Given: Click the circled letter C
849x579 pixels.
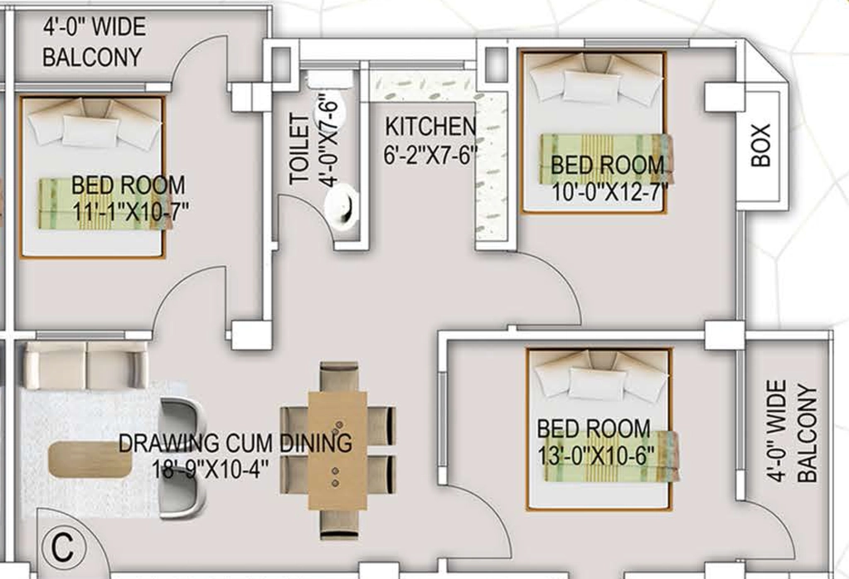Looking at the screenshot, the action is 63,548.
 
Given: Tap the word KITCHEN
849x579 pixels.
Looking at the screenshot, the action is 430,127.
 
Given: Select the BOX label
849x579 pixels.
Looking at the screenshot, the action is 761,144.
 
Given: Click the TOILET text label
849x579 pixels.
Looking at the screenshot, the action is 299,149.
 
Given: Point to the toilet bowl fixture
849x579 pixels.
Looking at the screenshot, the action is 342,205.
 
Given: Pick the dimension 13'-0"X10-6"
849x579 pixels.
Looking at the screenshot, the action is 595,455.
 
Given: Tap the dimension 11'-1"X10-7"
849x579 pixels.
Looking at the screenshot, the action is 130,210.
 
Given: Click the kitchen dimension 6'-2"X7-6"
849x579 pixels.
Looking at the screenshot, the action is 430,155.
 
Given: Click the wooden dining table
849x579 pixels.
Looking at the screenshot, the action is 337,451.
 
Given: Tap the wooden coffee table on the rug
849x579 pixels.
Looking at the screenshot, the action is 90,460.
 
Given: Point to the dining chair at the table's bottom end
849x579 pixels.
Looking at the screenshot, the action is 339,524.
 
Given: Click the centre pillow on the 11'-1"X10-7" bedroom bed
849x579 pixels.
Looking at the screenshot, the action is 90,131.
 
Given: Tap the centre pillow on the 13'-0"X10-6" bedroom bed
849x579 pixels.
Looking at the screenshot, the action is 597,384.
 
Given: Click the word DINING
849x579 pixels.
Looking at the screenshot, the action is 316,442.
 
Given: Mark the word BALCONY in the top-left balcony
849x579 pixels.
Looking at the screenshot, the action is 92,57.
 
